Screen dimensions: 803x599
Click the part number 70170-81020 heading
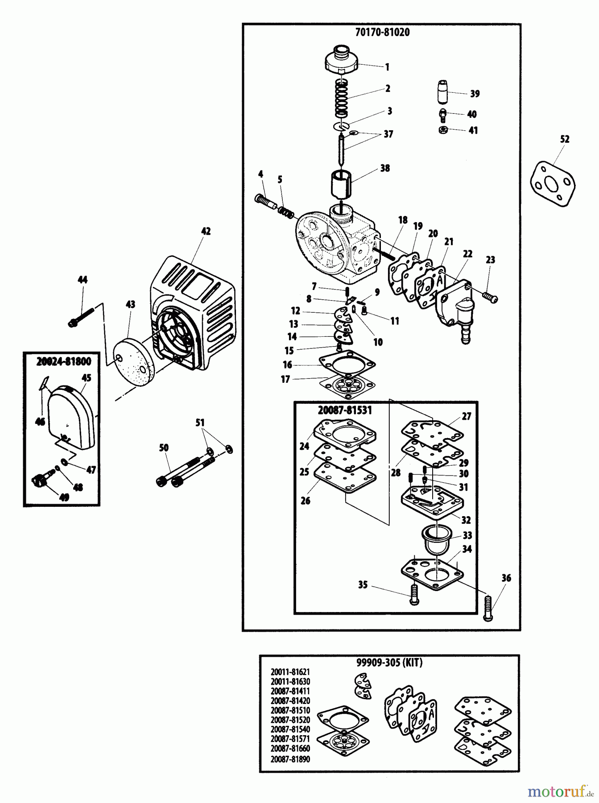[383, 32]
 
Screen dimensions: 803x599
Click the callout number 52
[564, 139]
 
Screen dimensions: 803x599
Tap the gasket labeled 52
[552, 183]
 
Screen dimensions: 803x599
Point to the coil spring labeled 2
[343, 99]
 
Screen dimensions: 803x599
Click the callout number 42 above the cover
[206, 231]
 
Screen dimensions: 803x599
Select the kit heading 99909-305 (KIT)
[389, 662]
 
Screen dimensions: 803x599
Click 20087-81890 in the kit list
[290, 759]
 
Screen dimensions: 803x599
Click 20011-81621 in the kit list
[290, 672]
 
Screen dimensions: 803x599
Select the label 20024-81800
[62, 363]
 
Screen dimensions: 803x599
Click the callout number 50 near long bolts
[164, 447]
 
